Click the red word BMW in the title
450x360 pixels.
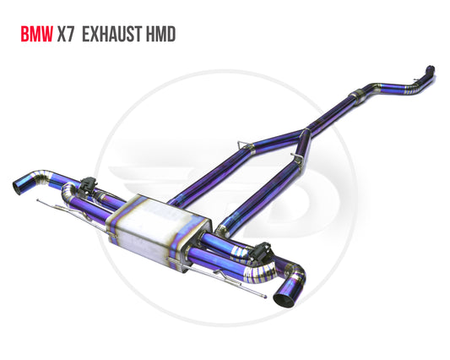[x=37, y=34]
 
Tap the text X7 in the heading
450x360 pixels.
[x=66, y=34]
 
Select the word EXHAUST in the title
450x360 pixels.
[x=112, y=34]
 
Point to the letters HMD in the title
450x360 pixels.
[x=160, y=34]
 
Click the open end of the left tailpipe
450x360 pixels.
[x=18, y=188]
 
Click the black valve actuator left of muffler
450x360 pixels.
[x=89, y=185]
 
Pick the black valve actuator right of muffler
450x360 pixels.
[x=261, y=250]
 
